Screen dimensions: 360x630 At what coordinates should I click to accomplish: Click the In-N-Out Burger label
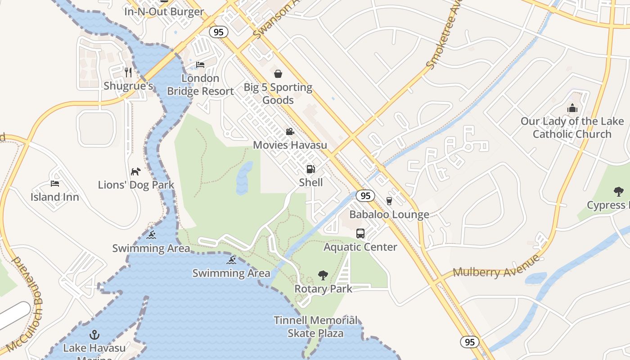coord(164,12)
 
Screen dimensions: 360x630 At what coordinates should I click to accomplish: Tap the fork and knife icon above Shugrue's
coord(128,72)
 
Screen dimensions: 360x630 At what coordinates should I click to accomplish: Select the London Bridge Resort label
coord(200,85)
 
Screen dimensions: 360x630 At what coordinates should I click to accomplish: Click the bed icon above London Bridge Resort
coord(200,65)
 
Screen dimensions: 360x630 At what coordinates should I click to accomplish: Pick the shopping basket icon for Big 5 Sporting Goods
coord(278,74)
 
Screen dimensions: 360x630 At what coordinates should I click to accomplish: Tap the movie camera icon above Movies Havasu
coord(290,132)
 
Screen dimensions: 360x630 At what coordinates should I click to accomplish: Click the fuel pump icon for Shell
coord(310,169)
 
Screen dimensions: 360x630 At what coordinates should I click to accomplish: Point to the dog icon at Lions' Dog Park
coord(135,171)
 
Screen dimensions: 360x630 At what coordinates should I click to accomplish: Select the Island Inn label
coord(55,197)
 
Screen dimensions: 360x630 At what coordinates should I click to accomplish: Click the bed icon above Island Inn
coord(55,184)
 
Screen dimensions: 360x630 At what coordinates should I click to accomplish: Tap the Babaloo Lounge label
coord(389,215)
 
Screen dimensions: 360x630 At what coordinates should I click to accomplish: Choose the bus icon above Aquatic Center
coord(360,234)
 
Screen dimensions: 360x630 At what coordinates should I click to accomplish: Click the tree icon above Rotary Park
coord(323,275)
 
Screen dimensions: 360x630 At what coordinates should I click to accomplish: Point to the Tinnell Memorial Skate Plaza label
coord(316,327)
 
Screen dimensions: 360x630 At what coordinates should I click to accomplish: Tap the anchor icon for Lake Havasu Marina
coord(94,335)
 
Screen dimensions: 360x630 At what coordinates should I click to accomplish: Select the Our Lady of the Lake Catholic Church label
coord(572,127)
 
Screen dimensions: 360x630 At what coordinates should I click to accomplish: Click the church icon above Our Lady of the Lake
coord(572,108)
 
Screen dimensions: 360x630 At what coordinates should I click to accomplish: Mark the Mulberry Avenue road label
coord(496,267)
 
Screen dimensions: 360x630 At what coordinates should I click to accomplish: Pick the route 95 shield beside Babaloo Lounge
coord(365,196)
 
